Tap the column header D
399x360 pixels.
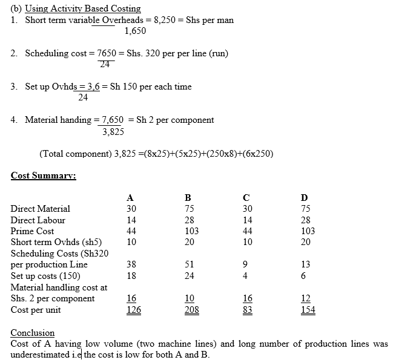(304, 197)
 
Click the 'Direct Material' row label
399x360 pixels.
(40, 209)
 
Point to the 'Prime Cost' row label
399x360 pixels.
(32, 231)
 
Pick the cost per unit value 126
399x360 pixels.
(131, 310)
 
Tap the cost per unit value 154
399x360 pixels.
(307, 310)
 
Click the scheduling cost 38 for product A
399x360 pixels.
(131, 264)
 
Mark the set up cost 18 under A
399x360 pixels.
(131, 275)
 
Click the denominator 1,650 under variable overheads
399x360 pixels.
(135, 30)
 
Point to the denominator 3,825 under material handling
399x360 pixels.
(113, 131)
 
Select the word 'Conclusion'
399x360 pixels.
(33, 333)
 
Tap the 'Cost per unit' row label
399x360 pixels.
(35, 310)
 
